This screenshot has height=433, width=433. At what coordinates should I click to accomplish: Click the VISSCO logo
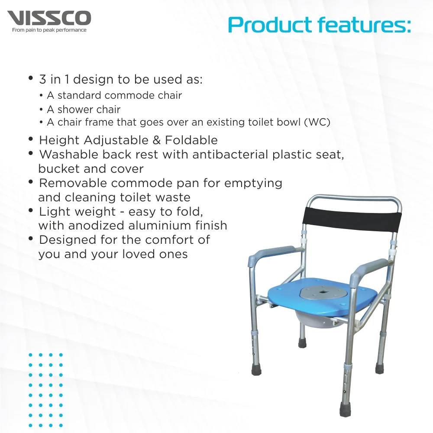coord(49,18)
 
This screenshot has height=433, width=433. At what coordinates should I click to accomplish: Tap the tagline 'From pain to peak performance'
coord(49,30)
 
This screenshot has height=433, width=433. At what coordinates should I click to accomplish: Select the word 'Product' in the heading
coord(269,25)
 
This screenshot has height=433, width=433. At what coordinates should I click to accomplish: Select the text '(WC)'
coord(317,123)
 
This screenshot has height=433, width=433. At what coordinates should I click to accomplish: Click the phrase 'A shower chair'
coord(84,110)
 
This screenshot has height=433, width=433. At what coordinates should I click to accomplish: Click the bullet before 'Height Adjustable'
coord(31,139)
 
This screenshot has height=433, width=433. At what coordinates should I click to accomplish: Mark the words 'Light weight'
coord(71,212)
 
